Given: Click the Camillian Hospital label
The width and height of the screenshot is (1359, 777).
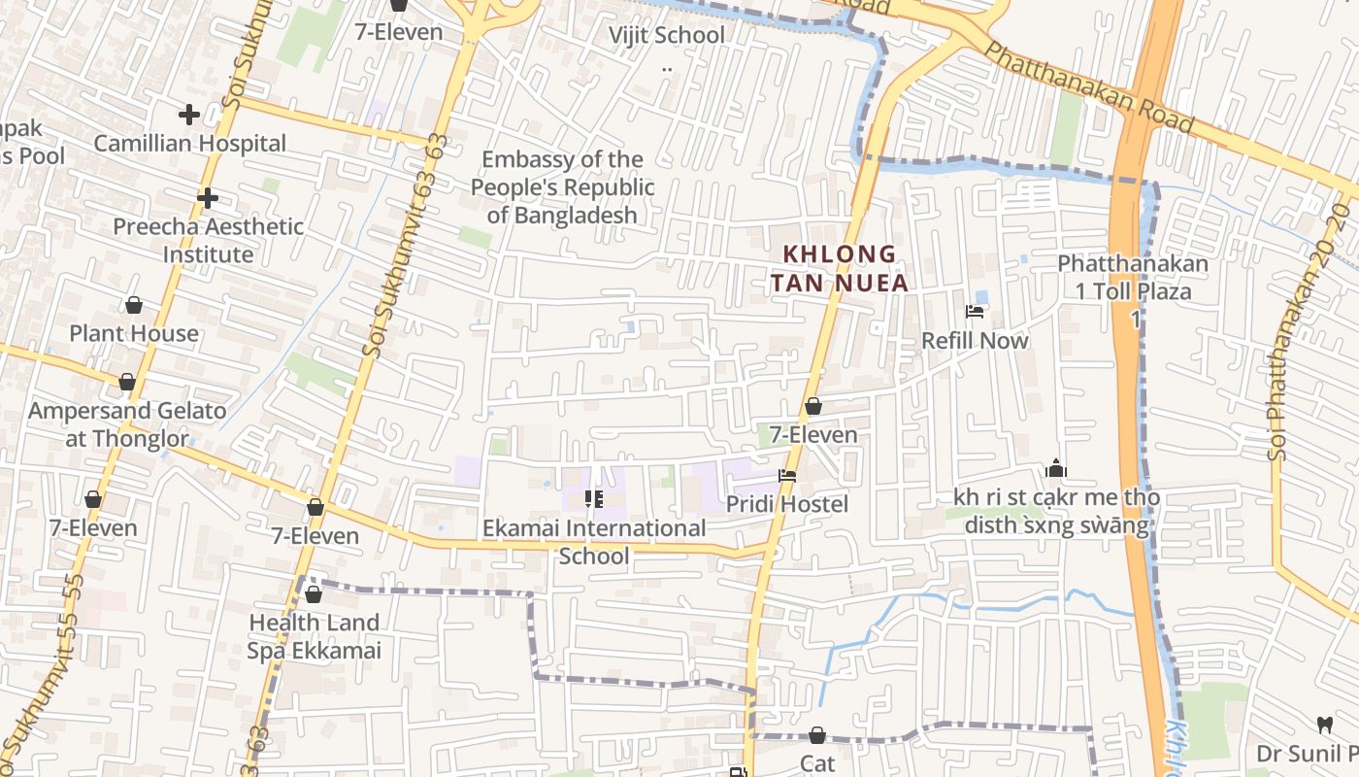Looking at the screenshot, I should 189,144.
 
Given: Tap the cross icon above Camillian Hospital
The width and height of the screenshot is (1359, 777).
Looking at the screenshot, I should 189,115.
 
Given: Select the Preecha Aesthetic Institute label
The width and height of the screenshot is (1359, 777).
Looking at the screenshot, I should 208,240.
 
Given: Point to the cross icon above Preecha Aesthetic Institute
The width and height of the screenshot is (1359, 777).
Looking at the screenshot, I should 207,198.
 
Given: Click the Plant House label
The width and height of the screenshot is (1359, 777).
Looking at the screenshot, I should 134,333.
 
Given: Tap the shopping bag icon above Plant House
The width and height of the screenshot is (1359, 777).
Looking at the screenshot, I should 134,305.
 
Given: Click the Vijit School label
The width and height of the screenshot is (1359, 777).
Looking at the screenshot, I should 666,36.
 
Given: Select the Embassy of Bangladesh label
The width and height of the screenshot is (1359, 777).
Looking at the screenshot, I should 563,187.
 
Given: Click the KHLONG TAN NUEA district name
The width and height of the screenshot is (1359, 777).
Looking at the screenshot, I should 845,269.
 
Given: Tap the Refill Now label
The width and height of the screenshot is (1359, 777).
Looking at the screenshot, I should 975,341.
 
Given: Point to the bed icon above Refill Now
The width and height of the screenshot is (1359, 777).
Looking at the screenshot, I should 975,312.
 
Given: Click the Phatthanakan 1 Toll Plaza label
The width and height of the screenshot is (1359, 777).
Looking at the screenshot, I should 1133,290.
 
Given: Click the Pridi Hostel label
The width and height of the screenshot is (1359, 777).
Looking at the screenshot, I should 786,504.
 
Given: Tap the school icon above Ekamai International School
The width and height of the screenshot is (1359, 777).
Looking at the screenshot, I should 593,499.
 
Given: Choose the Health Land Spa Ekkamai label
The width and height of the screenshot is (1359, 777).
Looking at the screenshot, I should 314,636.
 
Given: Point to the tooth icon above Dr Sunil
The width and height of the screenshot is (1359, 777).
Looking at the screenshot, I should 1324,724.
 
